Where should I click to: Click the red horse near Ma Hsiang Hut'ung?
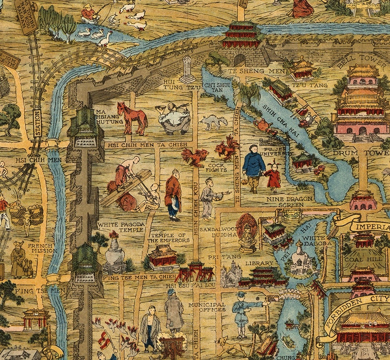(x=132, y=118)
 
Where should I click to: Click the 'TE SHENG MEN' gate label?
(x=250, y=71)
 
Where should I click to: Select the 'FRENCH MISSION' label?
(x=40, y=248)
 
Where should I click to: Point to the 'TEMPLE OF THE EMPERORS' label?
(x=169, y=238)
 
